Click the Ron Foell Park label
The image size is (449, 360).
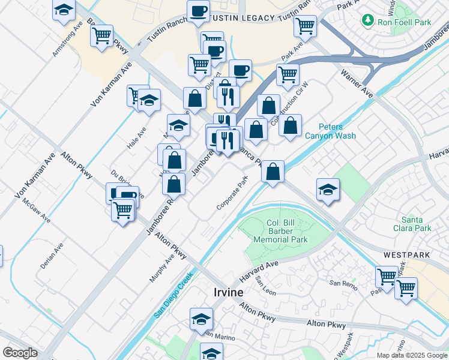[x=405, y=22]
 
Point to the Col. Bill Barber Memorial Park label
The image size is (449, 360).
[x=280, y=231]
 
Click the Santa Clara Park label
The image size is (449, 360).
[x=416, y=223]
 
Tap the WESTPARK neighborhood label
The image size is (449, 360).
[x=406, y=255]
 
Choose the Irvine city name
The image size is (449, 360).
[x=229, y=292]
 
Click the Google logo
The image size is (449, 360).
[x=20, y=353]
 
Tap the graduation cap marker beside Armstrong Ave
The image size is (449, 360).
[x=63, y=10]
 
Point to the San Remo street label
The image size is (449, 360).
[x=342, y=283]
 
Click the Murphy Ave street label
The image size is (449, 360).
[x=161, y=267]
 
